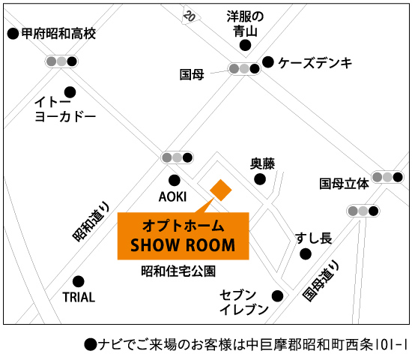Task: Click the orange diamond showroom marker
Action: [x=221, y=190]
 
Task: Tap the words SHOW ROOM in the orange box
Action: [x=183, y=245]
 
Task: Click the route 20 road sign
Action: [x=190, y=16]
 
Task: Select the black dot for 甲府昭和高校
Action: [x=13, y=34]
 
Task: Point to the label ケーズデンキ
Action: [x=315, y=63]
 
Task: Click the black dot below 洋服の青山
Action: [x=245, y=45]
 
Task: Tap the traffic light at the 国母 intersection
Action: [x=244, y=69]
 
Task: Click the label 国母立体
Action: [x=345, y=184]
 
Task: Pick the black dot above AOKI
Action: [x=175, y=181]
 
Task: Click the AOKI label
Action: [x=172, y=196]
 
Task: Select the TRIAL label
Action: [x=79, y=297]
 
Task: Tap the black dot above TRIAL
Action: [x=79, y=281]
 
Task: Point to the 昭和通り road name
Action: [x=91, y=221]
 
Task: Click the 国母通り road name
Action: [x=321, y=280]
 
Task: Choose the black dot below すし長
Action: [x=306, y=254]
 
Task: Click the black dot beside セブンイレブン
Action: [x=277, y=296]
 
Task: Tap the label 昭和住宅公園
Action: [x=178, y=271]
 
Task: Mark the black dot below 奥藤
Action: [x=260, y=179]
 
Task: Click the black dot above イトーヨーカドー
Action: [x=70, y=92]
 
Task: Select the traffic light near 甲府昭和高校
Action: [x=61, y=61]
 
